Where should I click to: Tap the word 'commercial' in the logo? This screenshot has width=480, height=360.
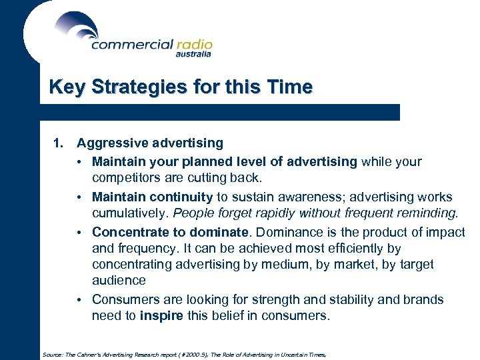coord(131,45)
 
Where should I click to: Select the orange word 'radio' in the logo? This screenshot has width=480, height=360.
coord(194,45)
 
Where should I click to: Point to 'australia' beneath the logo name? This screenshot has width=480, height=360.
coord(193,55)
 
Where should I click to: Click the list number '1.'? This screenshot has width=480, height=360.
coord(59,143)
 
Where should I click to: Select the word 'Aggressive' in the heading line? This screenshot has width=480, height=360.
coord(111,143)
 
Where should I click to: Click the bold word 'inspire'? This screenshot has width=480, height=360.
coord(161,316)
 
